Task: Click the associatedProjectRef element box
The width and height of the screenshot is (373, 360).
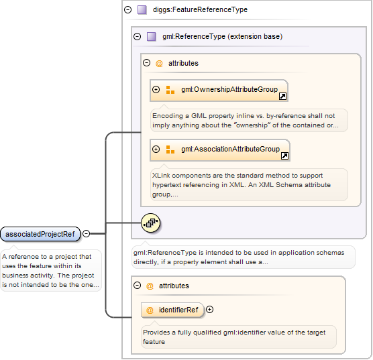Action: point(40,234)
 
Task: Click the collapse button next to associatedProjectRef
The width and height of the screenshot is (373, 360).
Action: point(87,234)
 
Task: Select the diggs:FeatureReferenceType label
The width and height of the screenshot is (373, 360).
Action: point(200,10)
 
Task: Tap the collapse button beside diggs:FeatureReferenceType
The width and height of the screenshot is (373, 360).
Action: point(128,10)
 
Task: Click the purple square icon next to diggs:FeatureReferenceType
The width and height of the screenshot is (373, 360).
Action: point(142,10)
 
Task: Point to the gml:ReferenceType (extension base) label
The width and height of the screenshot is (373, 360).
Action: point(223,37)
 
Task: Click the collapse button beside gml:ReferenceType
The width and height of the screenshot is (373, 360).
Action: point(138,37)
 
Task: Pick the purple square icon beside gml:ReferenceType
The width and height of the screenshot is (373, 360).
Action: point(152,37)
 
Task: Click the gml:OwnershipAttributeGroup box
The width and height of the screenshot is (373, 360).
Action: point(219,91)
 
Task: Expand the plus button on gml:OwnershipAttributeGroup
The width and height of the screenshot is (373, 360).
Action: point(156,90)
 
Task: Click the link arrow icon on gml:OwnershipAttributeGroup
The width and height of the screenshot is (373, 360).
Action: point(283,97)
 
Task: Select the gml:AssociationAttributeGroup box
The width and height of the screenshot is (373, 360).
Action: point(220,150)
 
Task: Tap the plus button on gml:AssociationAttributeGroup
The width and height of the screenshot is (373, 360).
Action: point(156,149)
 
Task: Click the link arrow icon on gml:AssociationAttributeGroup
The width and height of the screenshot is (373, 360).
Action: point(284,156)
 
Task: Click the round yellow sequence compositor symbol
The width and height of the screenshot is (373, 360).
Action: point(150,223)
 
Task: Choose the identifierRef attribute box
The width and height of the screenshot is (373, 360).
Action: point(172,310)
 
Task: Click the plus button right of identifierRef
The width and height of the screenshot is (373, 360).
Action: point(209,310)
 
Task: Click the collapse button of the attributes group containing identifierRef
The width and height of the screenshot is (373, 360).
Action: point(138,286)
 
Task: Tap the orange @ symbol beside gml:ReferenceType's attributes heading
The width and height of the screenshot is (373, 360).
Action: point(159,64)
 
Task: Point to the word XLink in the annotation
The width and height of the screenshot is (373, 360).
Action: point(161,176)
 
